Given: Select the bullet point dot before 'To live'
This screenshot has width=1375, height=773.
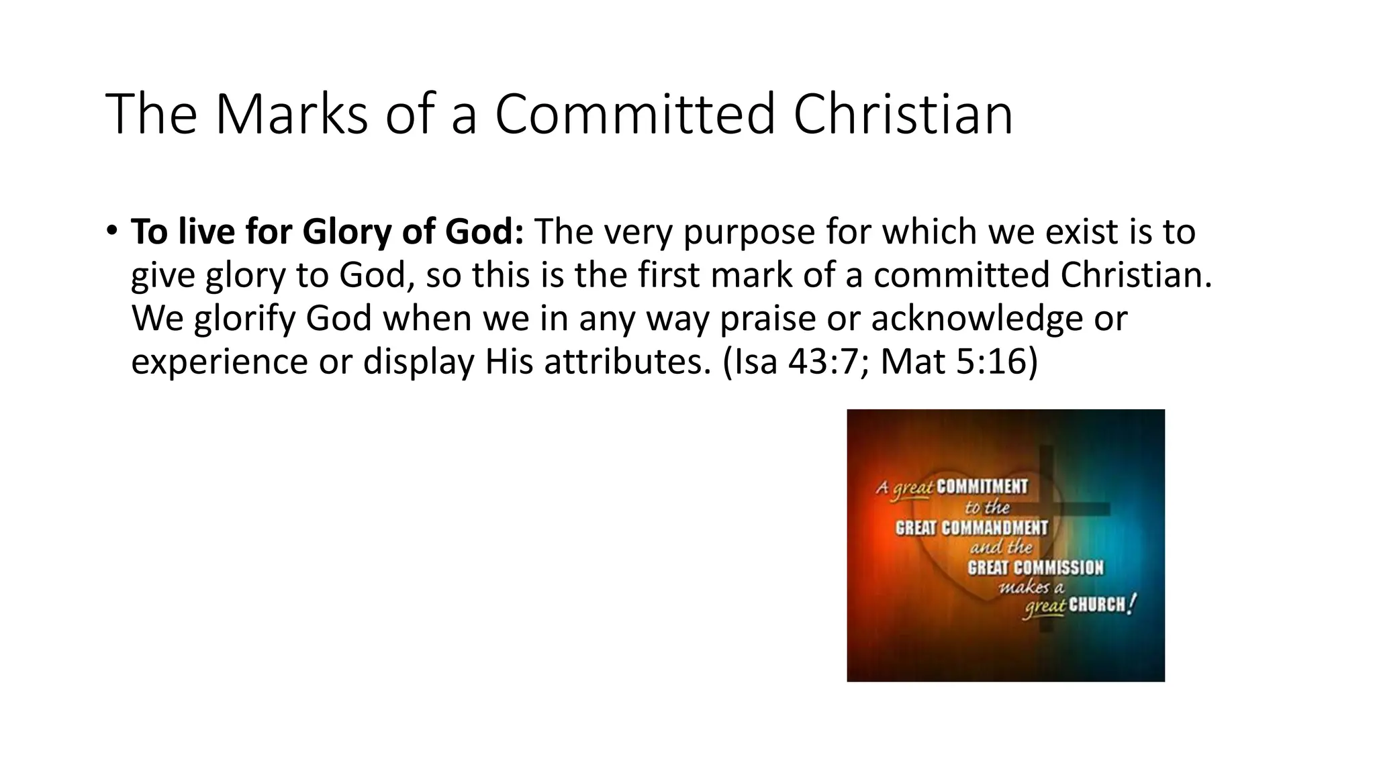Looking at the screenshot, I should pyautogui.click(x=111, y=231).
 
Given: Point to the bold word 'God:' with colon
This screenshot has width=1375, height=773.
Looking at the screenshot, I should pyautogui.click(x=485, y=232).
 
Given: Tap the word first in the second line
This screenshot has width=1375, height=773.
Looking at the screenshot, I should pyautogui.click(x=668, y=275).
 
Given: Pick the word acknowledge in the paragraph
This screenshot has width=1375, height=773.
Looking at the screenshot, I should pyautogui.click(x=977, y=319).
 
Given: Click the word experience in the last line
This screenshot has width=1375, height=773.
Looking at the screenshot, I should pyautogui.click(x=219, y=362).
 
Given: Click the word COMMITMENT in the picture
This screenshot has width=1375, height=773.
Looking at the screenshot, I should pyautogui.click(x=982, y=486).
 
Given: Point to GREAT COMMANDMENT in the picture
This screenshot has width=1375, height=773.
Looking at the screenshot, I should pyautogui.click(x=971, y=528).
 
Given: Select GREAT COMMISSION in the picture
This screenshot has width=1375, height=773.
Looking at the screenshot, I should pyautogui.click(x=1035, y=568).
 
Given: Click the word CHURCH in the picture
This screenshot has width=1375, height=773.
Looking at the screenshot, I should pyautogui.click(x=1096, y=605).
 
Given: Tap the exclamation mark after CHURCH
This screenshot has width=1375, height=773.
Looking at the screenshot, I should pyautogui.click(x=1133, y=604).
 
